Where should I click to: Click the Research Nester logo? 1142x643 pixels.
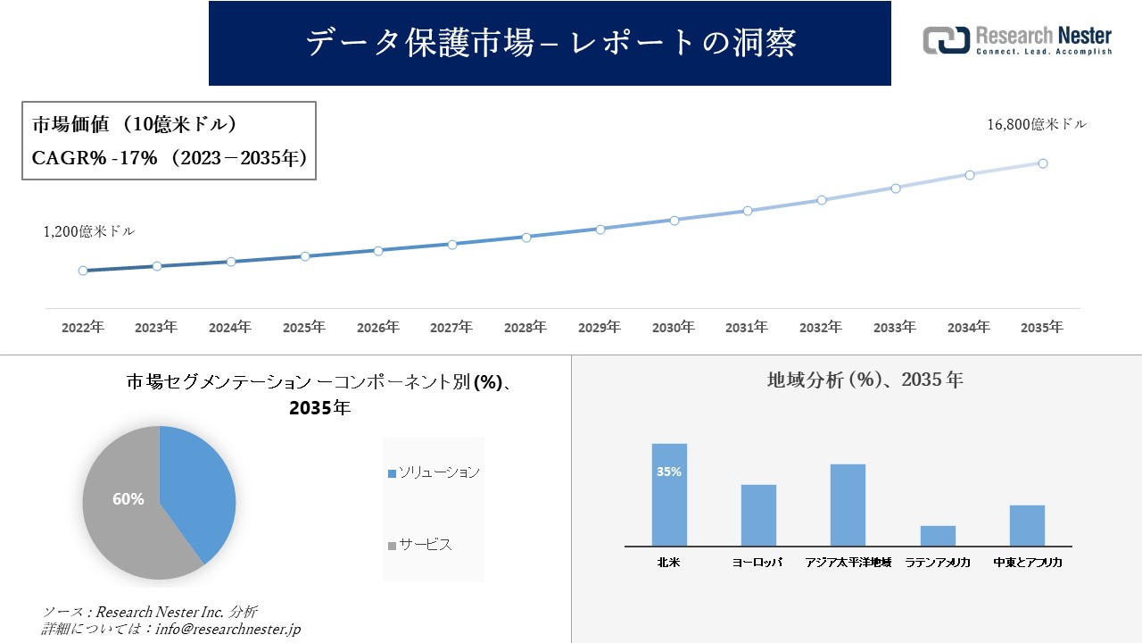(1017, 40)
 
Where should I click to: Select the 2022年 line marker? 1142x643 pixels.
(83, 271)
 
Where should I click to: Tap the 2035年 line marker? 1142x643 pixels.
(1042, 163)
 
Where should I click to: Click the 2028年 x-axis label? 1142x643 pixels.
(525, 328)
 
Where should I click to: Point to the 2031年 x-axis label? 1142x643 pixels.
(747, 328)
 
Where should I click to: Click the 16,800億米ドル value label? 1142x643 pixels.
(1037, 125)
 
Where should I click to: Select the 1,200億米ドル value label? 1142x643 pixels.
(89, 231)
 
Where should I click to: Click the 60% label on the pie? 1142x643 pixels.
(128, 499)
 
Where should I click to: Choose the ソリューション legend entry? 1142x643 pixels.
(434, 472)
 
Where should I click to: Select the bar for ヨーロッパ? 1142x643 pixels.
(758, 516)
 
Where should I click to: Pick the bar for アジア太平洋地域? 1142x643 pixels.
(848, 505)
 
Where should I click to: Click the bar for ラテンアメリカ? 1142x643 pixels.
(938, 536)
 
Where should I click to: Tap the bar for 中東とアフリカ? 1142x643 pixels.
(1027, 526)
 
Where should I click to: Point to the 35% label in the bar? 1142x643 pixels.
(669, 472)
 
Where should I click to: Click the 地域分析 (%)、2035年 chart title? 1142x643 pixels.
(865, 380)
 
